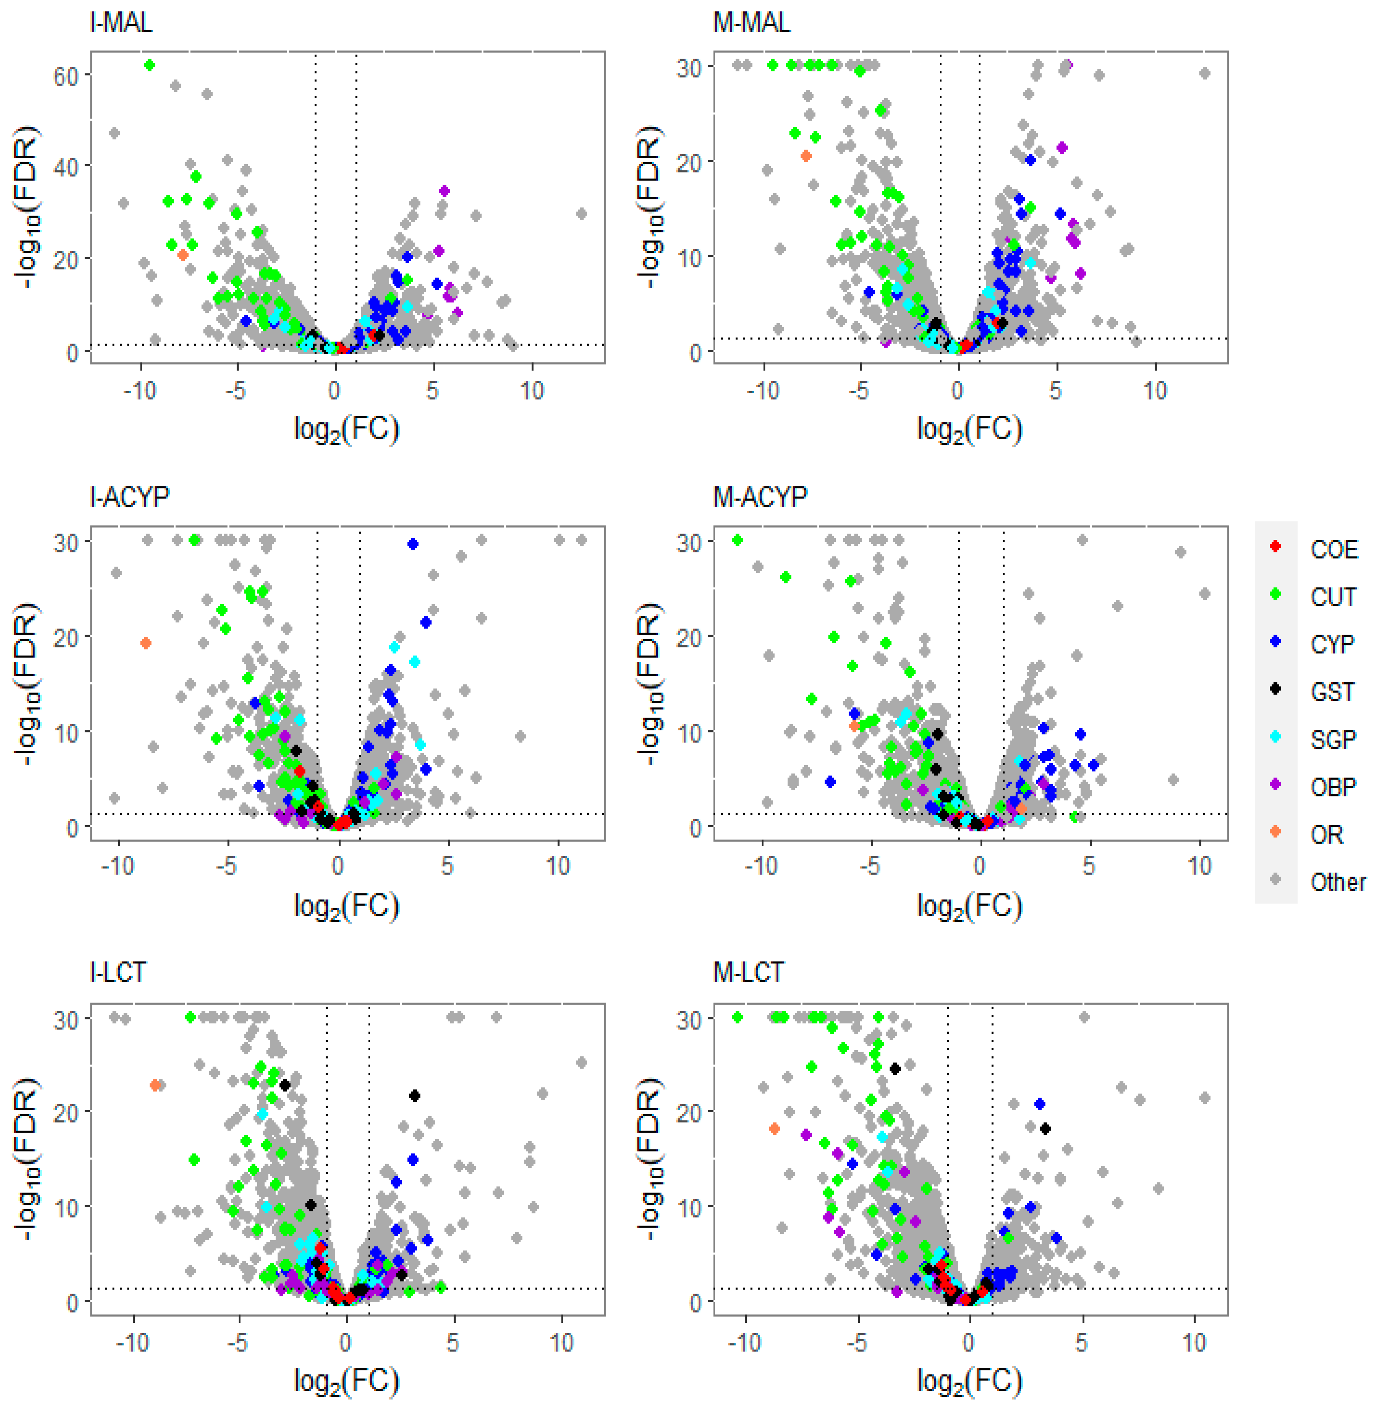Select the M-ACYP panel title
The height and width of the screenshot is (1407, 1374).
point(760,497)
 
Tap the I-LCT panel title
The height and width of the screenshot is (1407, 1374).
point(117,973)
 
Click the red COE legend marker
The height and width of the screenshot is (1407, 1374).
point(1275,546)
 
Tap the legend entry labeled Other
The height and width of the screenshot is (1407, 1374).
point(1337,882)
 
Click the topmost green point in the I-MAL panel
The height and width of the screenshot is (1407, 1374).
point(149,65)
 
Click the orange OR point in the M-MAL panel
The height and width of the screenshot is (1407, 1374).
point(806,156)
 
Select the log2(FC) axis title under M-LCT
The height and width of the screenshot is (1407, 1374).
point(969,1380)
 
